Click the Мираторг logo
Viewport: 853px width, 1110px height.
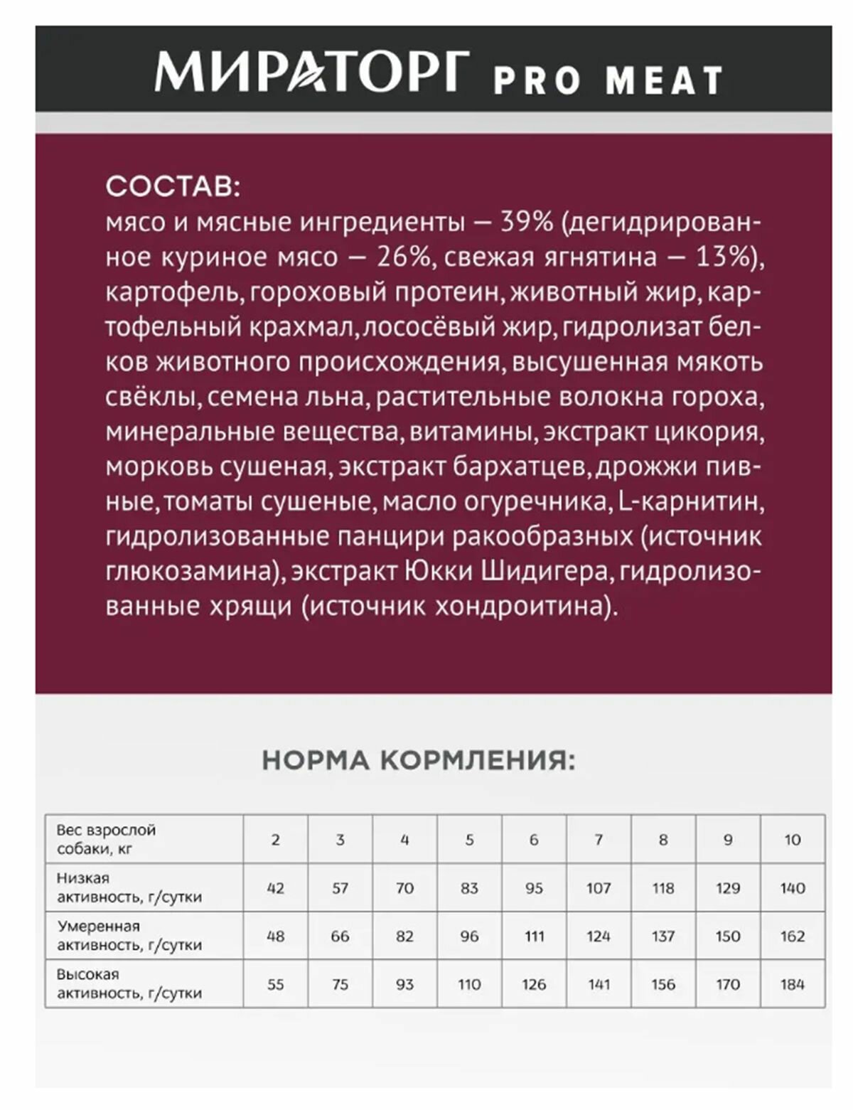(311, 71)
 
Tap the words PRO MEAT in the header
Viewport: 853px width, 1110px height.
(608, 80)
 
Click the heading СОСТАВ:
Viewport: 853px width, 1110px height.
(173, 186)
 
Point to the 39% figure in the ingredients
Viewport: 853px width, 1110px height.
(527, 222)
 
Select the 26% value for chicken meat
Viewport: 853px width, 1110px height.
(403, 257)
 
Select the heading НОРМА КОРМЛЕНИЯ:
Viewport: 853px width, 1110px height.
(419, 760)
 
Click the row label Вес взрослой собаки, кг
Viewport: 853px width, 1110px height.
(107, 839)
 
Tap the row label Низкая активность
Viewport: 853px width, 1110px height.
(129, 887)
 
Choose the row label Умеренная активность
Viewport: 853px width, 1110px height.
(129, 936)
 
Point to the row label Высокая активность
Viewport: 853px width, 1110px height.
(129, 983)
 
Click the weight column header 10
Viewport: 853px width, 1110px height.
(792, 840)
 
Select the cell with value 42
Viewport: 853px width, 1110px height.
(275, 888)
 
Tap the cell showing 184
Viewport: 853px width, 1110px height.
(792, 985)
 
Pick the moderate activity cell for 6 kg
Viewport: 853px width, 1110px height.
(534, 936)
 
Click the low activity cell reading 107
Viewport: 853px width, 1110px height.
(599, 888)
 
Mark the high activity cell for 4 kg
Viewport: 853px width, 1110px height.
(404, 985)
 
